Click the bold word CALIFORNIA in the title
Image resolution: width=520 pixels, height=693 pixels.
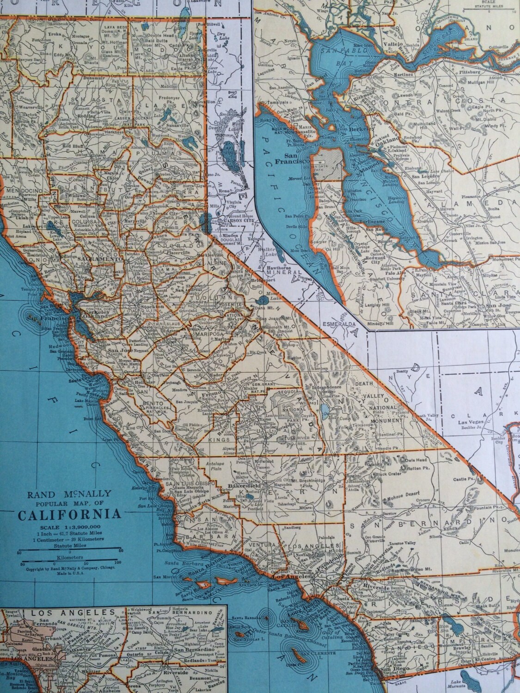click(70, 514)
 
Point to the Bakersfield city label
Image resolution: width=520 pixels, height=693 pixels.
click(244, 486)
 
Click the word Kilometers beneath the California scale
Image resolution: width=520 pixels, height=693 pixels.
click(69, 558)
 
